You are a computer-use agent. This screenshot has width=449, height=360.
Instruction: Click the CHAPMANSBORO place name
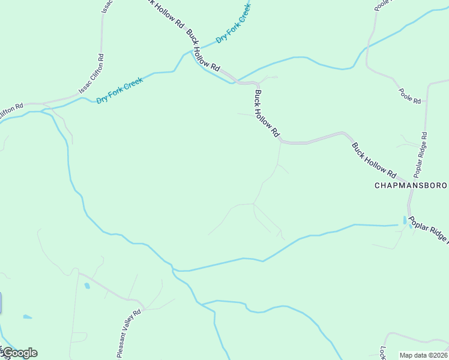click(x=411, y=185)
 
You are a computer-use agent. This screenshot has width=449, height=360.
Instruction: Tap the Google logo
click(x=19, y=353)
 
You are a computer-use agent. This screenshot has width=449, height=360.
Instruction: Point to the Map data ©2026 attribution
click(x=423, y=355)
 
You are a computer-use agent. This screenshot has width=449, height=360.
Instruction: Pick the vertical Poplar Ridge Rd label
click(x=422, y=154)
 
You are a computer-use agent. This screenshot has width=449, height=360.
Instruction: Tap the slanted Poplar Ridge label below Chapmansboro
click(x=430, y=228)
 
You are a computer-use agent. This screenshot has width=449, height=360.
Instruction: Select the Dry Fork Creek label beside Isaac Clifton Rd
click(x=119, y=90)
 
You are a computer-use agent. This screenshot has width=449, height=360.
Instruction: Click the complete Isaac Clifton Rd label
click(x=92, y=74)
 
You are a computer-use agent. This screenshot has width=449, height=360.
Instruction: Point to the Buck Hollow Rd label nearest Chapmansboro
click(x=374, y=160)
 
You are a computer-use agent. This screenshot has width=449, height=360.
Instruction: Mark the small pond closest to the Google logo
click(x=27, y=317)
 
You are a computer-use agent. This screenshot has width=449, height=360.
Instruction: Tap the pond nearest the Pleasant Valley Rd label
click(x=87, y=286)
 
